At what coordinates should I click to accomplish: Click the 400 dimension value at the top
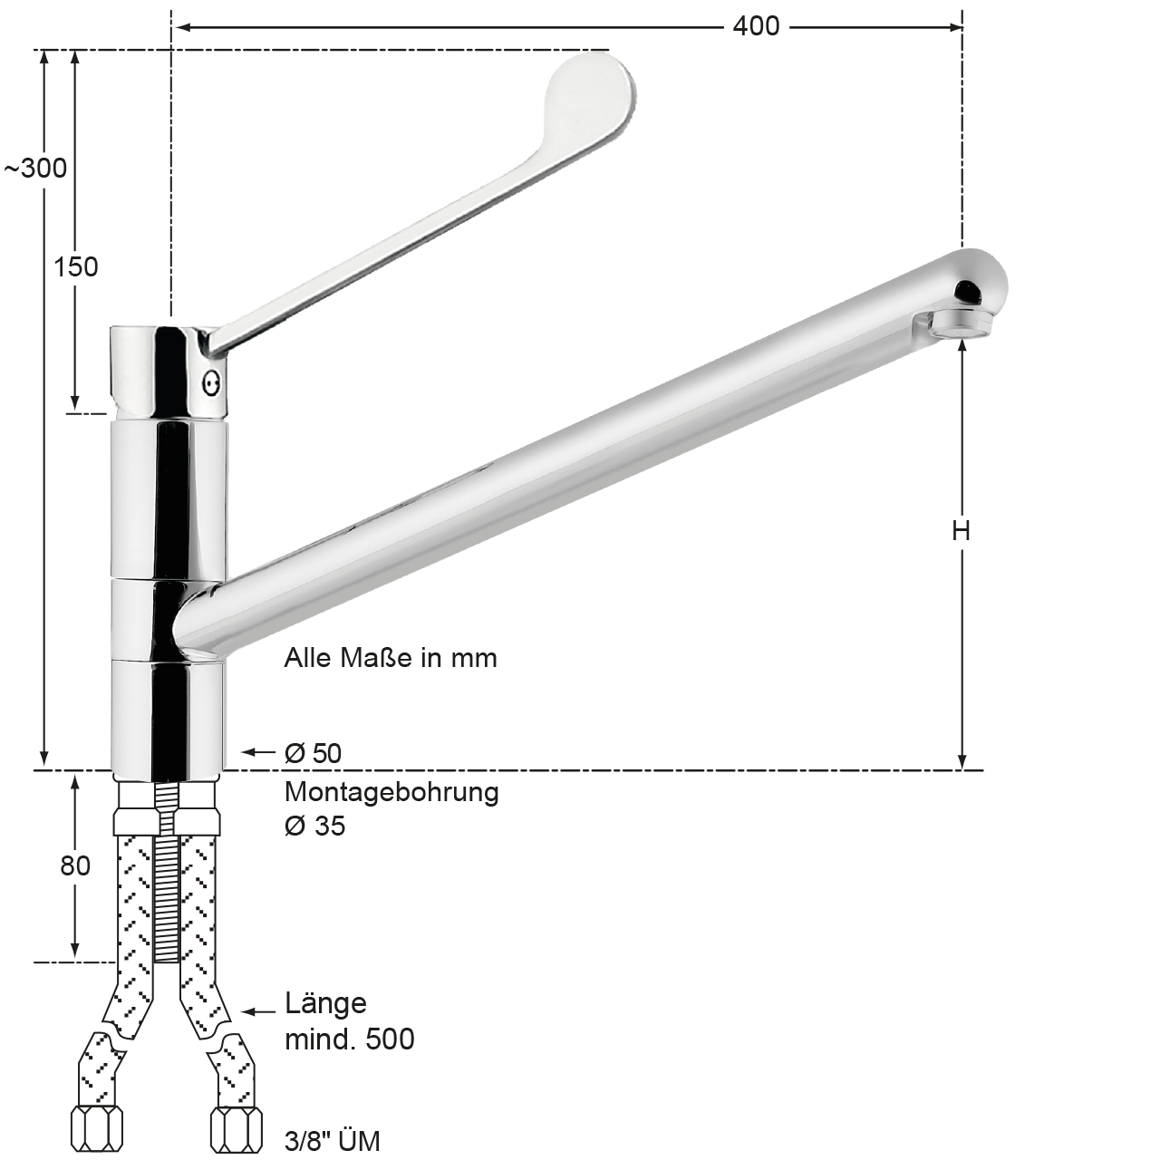[756, 26]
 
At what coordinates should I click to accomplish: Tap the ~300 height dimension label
[36, 169]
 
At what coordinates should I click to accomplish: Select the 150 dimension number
[76, 266]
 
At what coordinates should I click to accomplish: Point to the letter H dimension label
[962, 531]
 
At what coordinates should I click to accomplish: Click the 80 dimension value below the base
[75, 865]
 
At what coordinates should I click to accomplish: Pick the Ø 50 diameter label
[313, 753]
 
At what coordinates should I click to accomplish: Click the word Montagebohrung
[391, 793]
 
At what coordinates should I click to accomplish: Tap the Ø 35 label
[314, 826]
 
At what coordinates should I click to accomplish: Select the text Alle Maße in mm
[391, 658]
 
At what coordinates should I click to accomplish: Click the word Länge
[325, 1003]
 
